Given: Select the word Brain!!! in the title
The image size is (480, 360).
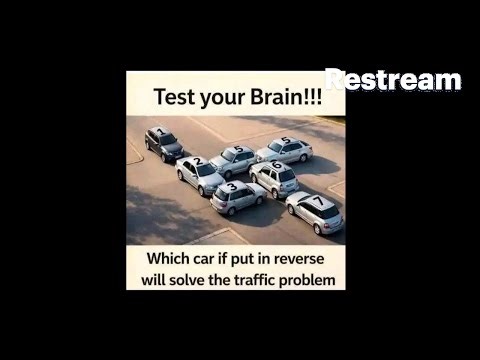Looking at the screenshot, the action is (x=286, y=97).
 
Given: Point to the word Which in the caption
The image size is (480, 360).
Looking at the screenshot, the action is (x=169, y=259).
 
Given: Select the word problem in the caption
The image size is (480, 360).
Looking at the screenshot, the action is (x=307, y=281).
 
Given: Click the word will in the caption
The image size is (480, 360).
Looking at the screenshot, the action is (x=154, y=279).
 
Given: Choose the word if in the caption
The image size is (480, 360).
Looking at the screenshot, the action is (x=222, y=259).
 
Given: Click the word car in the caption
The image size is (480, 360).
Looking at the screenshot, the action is (x=204, y=260).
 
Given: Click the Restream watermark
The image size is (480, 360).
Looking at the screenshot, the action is (x=393, y=79).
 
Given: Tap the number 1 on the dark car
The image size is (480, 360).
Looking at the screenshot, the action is (x=161, y=131).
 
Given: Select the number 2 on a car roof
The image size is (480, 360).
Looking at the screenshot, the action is (x=199, y=161).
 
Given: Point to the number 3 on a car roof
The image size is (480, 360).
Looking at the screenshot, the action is (x=233, y=186).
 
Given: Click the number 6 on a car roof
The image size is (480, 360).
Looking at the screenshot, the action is (x=277, y=165).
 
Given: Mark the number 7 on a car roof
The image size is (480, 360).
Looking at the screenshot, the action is (x=319, y=201).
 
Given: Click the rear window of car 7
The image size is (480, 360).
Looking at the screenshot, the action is (x=330, y=212).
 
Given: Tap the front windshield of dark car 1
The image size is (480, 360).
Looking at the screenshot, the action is (x=169, y=139).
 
